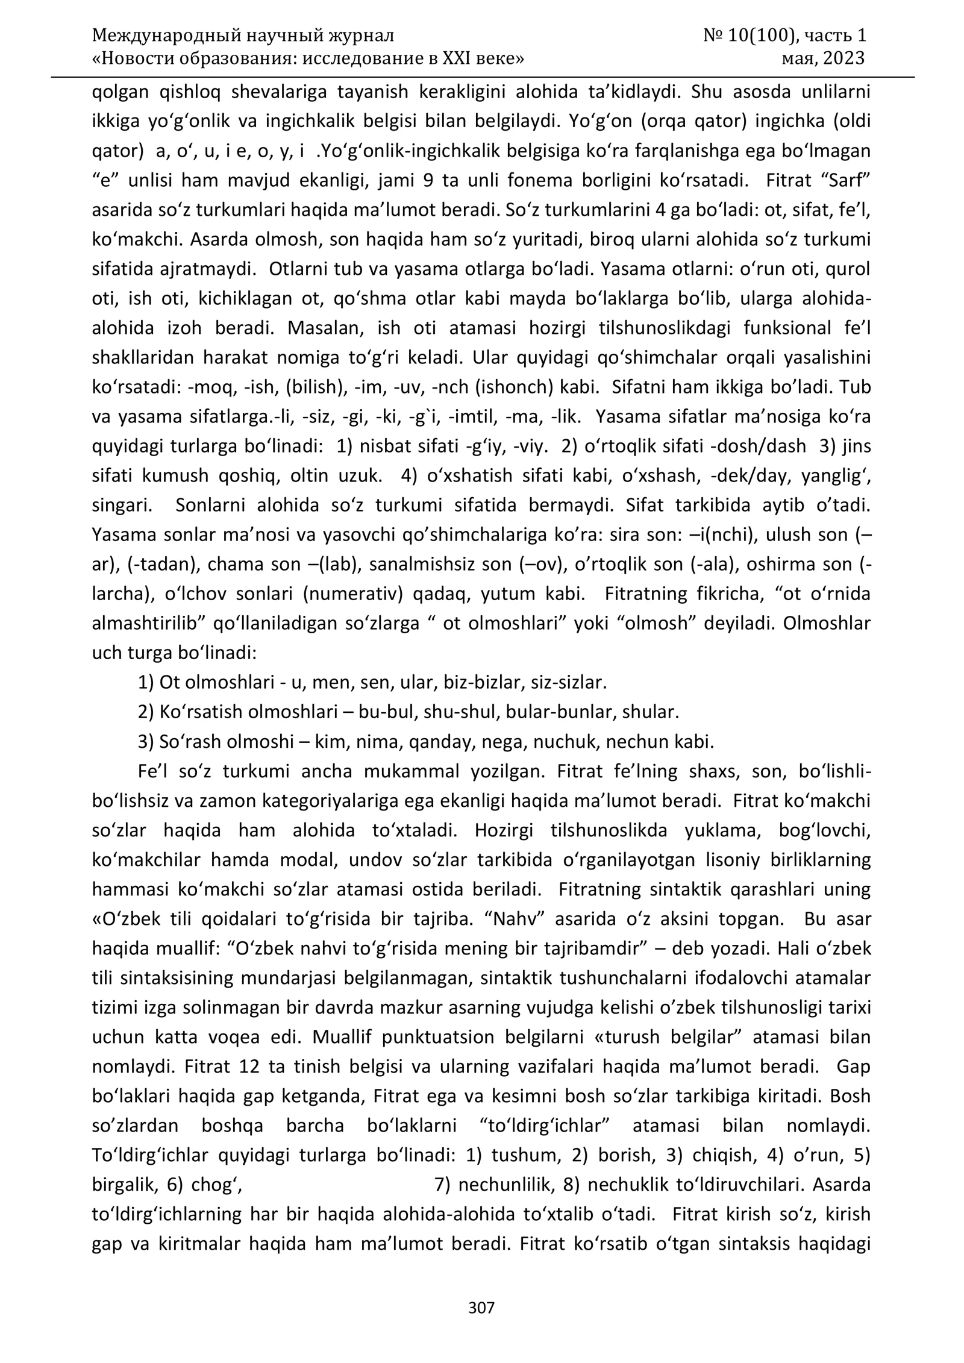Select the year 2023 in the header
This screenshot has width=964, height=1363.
point(843,58)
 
